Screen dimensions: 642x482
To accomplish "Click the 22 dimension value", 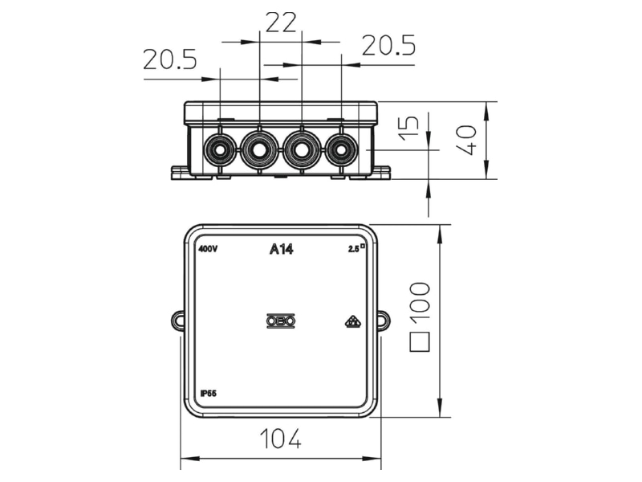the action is click(281, 22).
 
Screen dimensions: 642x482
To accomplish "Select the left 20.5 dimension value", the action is click(170, 59).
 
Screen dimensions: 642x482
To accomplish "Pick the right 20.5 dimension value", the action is click(388, 45).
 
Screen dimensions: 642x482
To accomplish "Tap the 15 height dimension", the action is click(409, 129).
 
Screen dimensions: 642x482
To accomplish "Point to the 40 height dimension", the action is click(467, 140).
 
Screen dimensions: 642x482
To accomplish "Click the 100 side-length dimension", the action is click(420, 301).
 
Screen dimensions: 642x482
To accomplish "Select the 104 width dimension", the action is click(281, 439).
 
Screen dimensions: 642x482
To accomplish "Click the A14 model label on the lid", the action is click(282, 249).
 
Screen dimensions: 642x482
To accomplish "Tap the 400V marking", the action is click(208, 249).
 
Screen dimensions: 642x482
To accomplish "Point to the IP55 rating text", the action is click(209, 394).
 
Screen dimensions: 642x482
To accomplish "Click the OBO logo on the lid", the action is click(281, 321).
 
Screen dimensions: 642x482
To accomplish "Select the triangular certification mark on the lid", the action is click(352, 322).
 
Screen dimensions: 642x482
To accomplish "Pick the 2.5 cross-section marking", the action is click(356, 248).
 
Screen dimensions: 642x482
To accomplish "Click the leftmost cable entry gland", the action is click(220, 150).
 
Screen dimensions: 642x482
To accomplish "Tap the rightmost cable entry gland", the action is click(341, 150).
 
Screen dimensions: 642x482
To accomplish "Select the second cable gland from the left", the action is click(259, 150).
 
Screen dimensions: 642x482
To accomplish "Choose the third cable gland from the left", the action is click(302, 150).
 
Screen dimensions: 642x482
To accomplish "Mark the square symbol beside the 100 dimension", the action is click(420, 342).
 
